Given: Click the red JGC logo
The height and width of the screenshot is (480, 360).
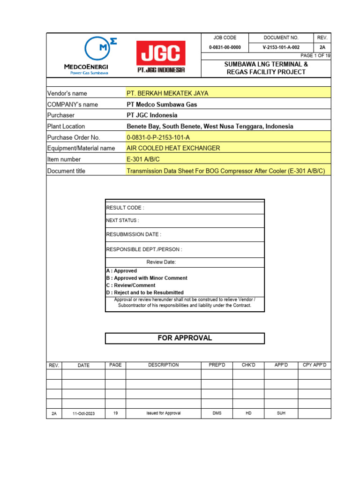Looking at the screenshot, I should pyautogui.click(x=161, y=56).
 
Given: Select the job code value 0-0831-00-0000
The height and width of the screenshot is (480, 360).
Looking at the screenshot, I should pyautogui.click(x=225, y=47).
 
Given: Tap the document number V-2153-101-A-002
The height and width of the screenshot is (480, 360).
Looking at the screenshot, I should pyautogui.click(x=281, y=47).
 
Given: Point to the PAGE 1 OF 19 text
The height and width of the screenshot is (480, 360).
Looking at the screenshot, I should pyautogui.click(x=315, y=56).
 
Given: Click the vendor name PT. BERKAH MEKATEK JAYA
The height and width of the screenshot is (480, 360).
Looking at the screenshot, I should pyautogui.click(x=167, y=93).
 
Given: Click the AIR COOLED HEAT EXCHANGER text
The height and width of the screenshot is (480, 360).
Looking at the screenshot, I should pyautogui.click(x=173, y=148).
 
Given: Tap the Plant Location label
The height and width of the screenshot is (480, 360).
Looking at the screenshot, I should pyautogui.click(x=66, y=126).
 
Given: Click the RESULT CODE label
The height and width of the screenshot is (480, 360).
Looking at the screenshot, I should pyautogui.click(x=125, y=208).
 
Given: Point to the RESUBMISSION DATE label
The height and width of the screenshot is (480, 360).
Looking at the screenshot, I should pyautogui.click(x=134, y=234).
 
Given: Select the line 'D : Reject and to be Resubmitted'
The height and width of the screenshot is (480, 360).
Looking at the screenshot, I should pyautogui.click(x=145, y=292).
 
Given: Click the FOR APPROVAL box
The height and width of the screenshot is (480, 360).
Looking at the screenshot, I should pyautogui.click(x=185, y=338).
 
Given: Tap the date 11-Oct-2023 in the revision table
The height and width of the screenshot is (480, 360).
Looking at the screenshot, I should pyautogui.click(x=83, y=414).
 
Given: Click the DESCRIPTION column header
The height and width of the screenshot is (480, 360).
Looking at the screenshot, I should pyautogui.click(x=163, y=365).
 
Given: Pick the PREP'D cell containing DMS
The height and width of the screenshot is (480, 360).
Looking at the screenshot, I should pyautogui.click(x=217, y=413).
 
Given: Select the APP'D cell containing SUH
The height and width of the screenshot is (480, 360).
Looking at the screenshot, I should pyautogui.click(x=281, y=413).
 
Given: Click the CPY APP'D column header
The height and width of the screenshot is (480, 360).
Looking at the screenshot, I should pyautogui.click(x=314, y=365).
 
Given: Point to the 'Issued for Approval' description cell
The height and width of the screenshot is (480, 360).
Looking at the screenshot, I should pyautogui.click(x=163, y=413).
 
